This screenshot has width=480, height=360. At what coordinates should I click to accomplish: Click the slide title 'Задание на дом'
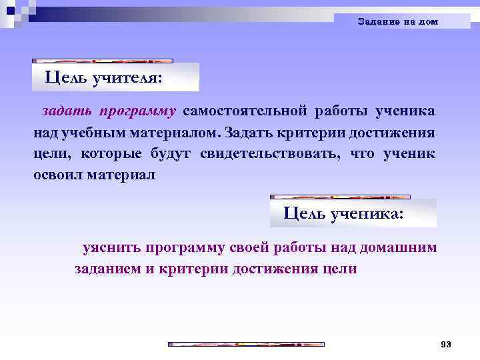(398, 21)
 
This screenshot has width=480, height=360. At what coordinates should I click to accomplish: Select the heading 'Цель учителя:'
(103, 77)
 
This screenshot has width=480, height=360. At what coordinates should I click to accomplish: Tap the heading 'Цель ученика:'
(343, 213)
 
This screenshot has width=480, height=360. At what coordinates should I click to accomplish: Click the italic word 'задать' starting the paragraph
(63, 109)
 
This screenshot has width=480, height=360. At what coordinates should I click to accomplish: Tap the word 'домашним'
(398, 248)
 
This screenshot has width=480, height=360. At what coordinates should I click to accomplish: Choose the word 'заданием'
(107, 269)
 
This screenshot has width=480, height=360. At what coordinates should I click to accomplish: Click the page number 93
(446, 344)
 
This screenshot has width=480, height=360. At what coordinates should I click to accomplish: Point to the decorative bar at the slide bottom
(245, 344)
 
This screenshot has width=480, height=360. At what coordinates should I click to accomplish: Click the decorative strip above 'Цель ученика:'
(340, 197)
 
